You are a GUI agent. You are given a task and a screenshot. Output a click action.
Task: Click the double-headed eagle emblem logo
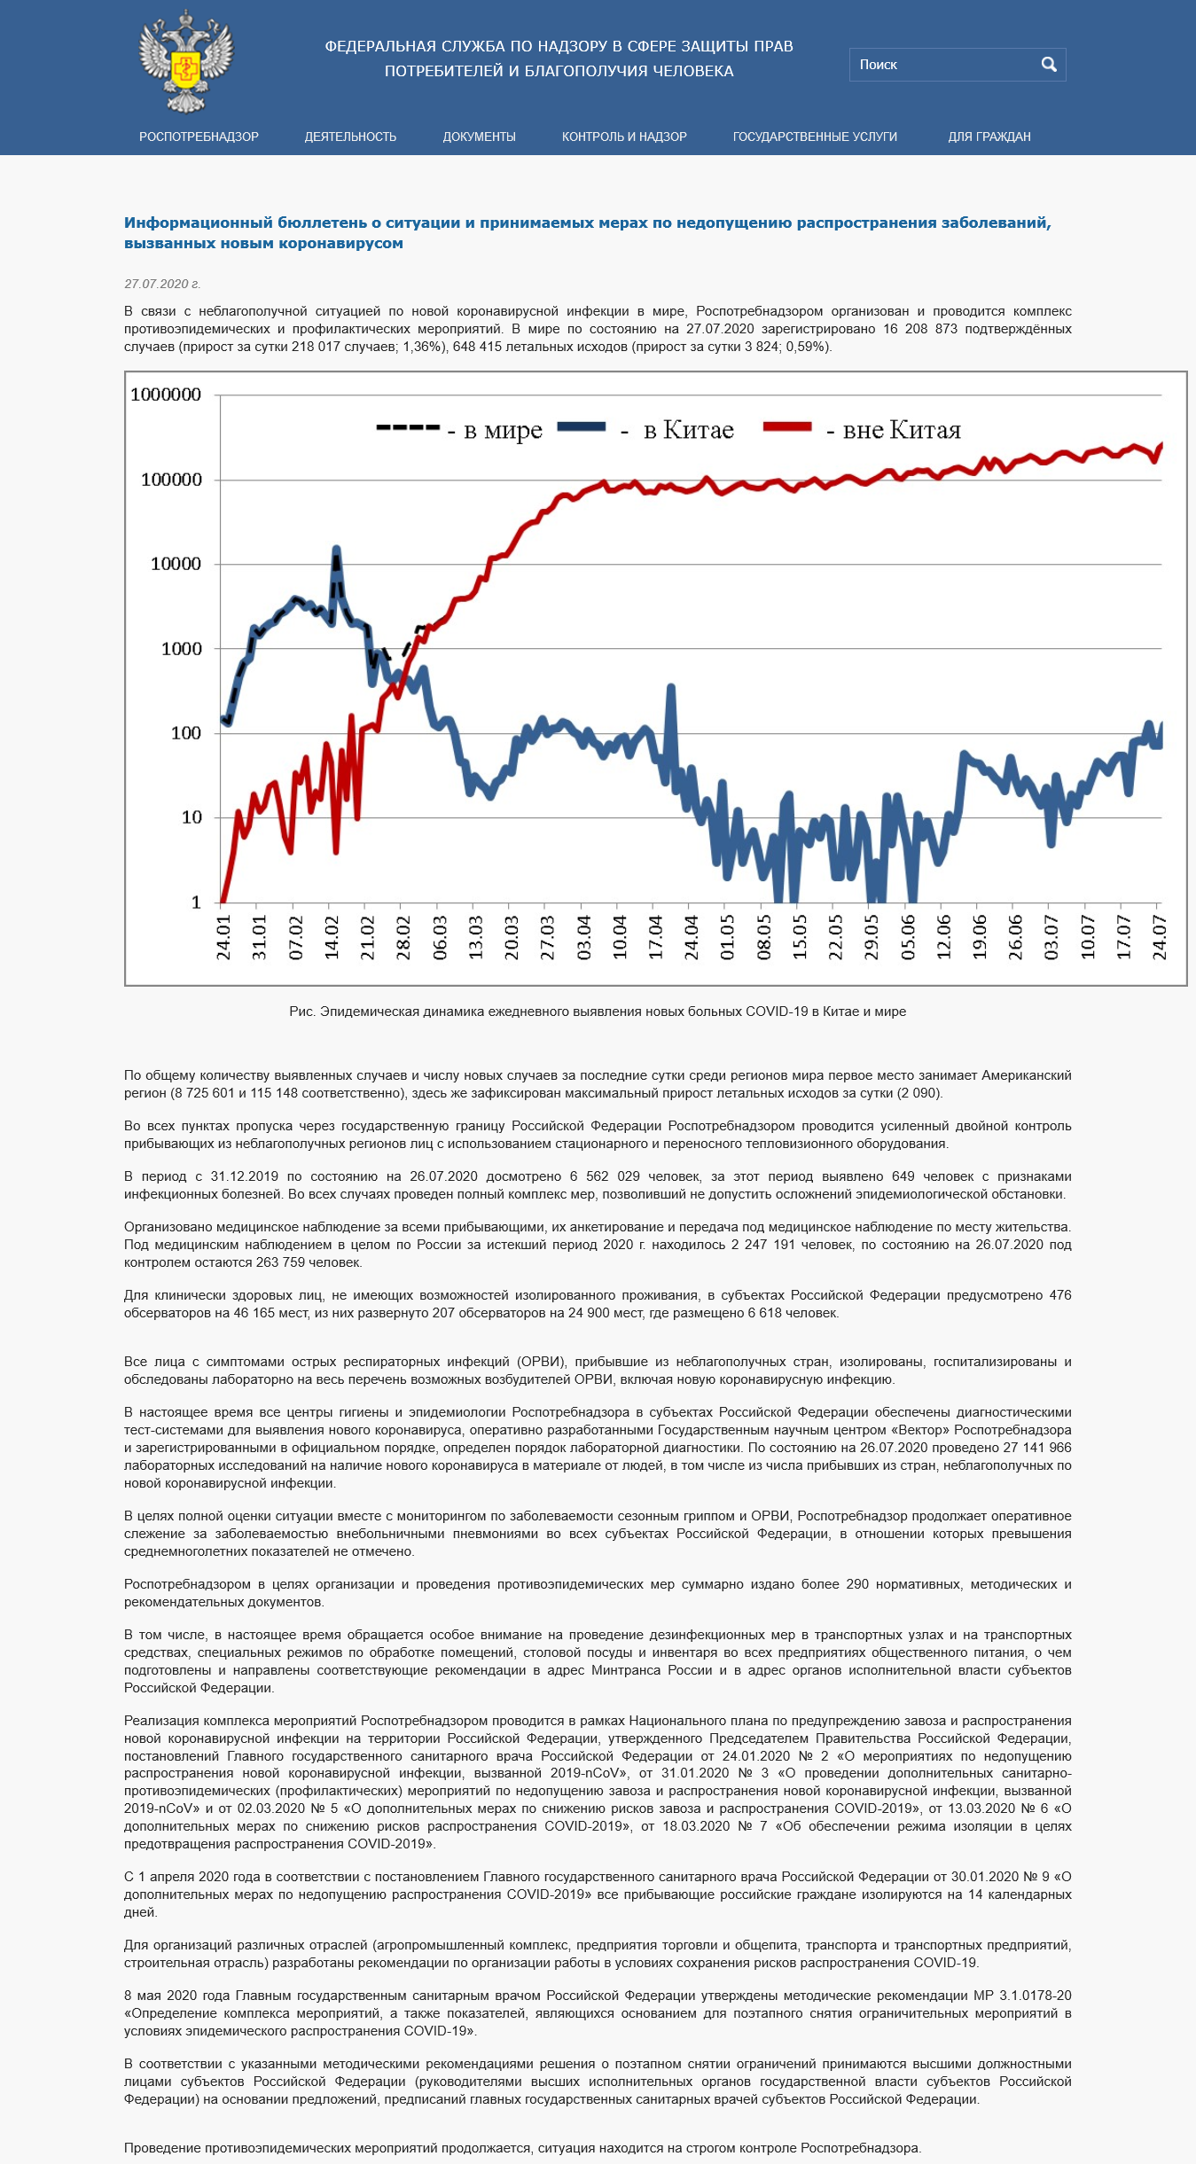tap(186, 61)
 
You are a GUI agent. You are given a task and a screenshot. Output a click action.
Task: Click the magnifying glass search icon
tap(1049, 65)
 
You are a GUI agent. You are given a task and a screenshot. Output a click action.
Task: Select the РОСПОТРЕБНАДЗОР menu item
tap(199, 137)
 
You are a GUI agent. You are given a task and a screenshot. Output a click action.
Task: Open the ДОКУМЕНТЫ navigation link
tap(479, 137)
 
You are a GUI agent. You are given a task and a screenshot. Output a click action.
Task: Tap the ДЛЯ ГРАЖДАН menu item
tap(989, 137)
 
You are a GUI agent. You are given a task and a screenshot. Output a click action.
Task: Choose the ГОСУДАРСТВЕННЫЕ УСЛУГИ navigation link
tap(815, 137)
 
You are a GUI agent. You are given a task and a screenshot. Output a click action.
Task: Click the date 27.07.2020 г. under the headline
tap(162, 284)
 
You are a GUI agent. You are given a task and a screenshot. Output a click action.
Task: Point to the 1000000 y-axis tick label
tap(166, 395)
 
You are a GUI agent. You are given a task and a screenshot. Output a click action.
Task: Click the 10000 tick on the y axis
tap(176, 564)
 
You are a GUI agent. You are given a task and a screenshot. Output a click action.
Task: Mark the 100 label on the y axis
tap(186, 733)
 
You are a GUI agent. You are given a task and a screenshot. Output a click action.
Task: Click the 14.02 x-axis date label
tap(332, 937)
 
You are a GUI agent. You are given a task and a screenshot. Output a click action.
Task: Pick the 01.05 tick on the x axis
tap(727, 937)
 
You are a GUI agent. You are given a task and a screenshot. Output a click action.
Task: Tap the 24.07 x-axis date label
tap(1159, 937)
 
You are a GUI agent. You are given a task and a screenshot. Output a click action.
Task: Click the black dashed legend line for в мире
tap(408, 427)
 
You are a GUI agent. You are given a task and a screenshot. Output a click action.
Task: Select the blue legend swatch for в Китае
tap(582, 426)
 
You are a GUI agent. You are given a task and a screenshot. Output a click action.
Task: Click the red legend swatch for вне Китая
tap(787, 426)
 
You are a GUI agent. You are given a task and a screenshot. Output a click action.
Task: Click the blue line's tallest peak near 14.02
tap(336, 550)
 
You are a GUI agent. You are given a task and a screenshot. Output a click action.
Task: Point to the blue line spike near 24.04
tap(670, 688)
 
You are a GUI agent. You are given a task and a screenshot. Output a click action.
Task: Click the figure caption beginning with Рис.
tap(598, 1012)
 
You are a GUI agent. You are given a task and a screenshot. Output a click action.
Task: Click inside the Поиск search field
tap(943, 65)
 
